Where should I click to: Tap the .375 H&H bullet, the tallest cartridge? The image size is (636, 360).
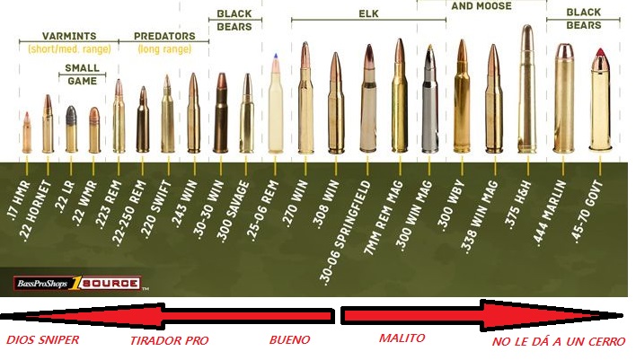point(527,90)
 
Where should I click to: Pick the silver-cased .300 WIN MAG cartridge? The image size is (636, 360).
point(429,99)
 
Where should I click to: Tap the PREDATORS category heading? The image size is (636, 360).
point(164,36)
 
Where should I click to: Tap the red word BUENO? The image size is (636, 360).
point(290,340)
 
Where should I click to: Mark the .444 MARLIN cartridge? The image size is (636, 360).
point(564,99)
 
